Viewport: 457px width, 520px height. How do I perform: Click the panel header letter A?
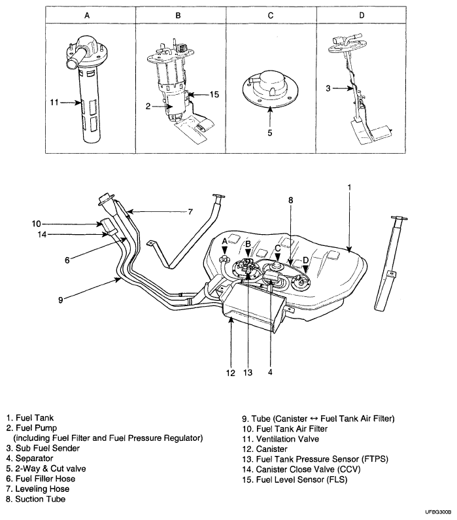[88, 14]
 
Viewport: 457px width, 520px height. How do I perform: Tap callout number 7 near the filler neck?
[190, 211]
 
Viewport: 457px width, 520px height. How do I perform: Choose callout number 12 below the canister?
[229, 373]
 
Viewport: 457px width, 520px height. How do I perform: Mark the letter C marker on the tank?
[277, 249]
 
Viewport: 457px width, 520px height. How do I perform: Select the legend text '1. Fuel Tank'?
[31, 417]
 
